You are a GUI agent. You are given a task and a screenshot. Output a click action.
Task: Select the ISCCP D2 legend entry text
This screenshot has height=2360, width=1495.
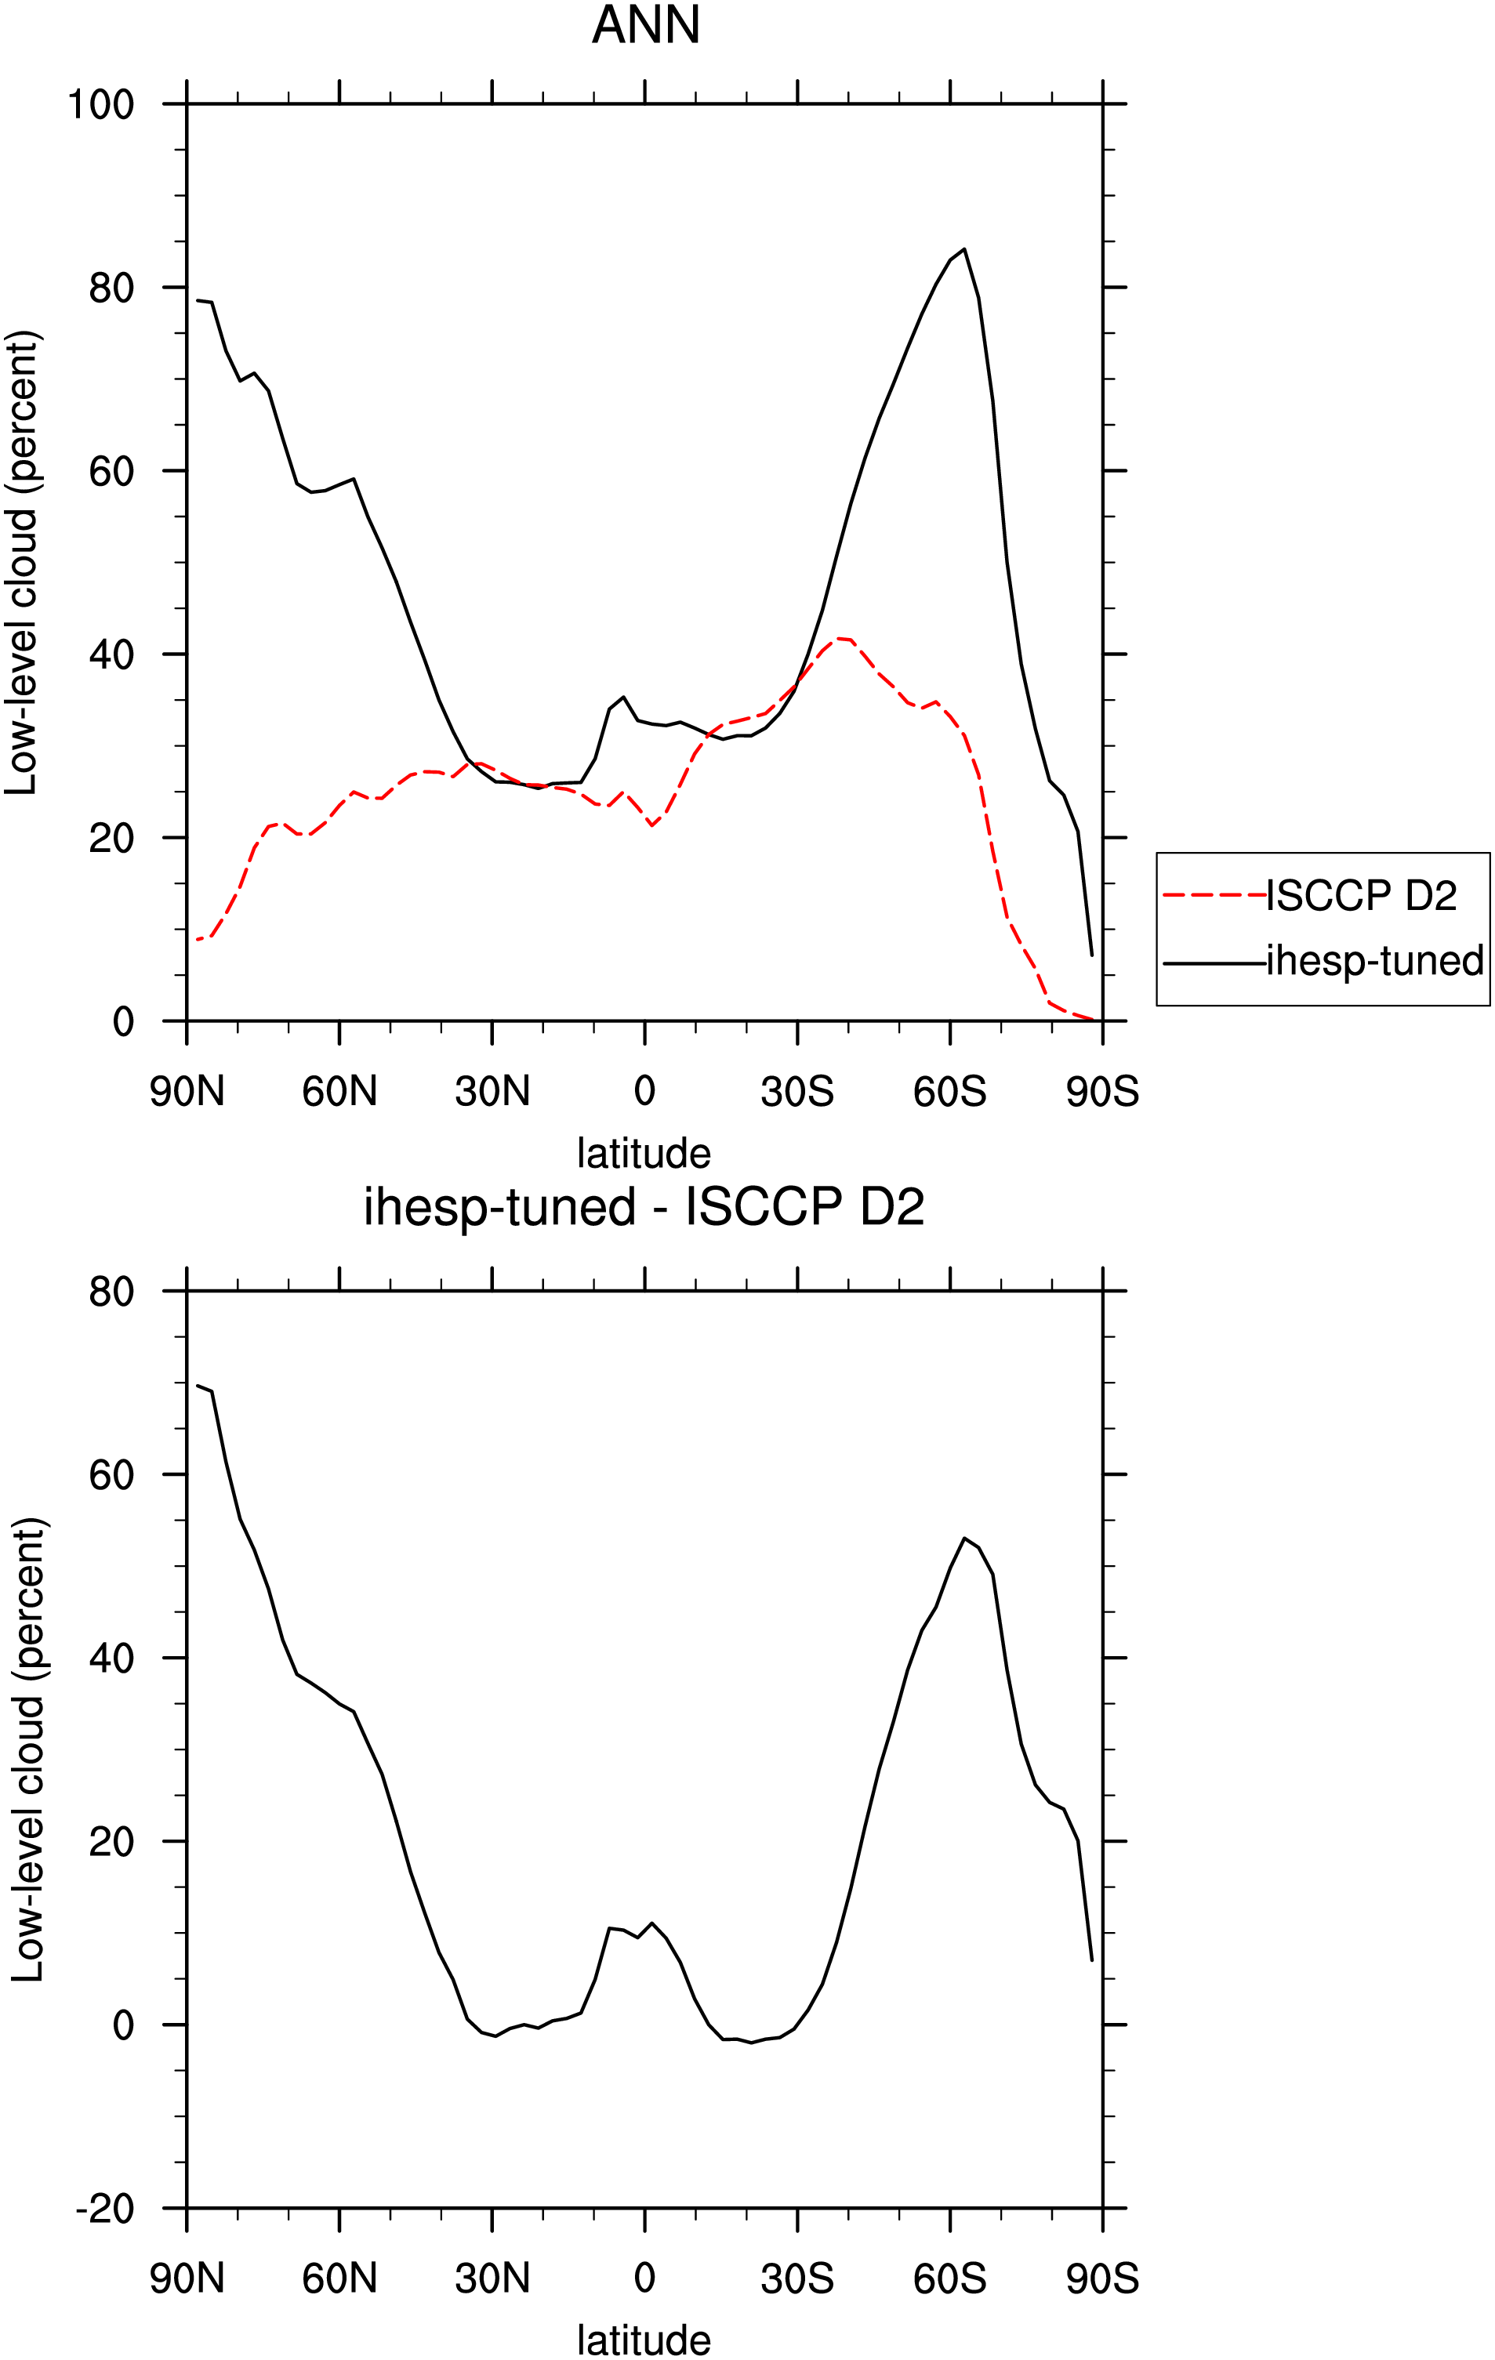(1362, 895)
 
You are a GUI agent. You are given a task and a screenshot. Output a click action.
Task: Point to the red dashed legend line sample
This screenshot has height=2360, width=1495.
(1214, 895)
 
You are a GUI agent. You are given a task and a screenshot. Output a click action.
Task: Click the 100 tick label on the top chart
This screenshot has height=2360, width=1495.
(100, 104)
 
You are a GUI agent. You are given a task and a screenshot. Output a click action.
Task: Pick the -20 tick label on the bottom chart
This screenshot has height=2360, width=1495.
(105, 2209)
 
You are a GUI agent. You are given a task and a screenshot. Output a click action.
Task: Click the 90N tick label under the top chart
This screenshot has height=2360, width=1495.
(187, 1092)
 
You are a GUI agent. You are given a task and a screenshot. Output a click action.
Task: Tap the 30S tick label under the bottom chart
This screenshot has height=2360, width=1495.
(797, 2279)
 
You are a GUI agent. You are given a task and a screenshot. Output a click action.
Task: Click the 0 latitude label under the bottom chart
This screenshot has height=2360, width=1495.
(644, 2279)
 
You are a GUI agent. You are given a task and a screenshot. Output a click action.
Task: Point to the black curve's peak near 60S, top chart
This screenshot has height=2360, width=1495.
(964, 249)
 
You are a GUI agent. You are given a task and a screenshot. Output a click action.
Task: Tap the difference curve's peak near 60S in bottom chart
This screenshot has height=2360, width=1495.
(964, 1538)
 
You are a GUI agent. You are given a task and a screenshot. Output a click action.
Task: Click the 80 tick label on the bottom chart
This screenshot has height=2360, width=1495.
(112, 1292)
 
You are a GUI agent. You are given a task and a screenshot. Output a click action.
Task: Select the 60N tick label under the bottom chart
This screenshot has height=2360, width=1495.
(339, 2279)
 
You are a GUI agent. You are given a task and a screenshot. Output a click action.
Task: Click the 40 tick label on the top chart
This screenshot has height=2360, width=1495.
(112, 654)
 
